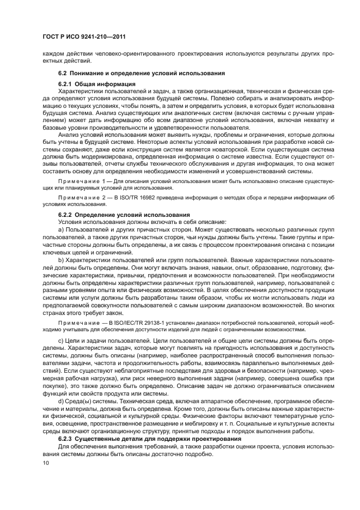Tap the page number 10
pos(46,462)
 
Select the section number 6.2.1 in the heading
pos(66,84)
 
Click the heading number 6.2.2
pos(66,215)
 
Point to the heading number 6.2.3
pos(66,439)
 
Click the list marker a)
pos(61,230)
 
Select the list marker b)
pos(61,260)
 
